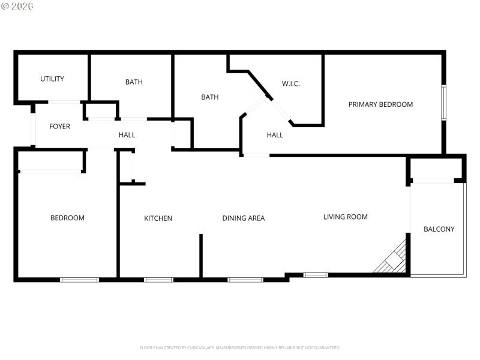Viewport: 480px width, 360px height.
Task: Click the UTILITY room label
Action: (x=52, y=79)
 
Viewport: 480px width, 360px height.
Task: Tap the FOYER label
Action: (x=59, y=127)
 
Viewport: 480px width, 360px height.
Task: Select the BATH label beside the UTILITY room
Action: (x=134, y=82)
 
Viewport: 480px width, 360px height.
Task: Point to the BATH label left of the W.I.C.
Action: (x=209, y=97)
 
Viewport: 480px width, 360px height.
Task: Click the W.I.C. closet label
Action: (x=291, y=83)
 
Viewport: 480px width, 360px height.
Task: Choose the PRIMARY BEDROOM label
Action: (x=380, y=104)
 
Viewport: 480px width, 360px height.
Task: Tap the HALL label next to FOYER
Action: (x=127, y=135)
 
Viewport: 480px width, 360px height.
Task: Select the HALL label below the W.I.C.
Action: (x=275, y=135)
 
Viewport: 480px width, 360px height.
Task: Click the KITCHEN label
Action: (x=158, y=218)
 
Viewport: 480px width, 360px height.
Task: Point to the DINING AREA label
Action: (x=244, y=218)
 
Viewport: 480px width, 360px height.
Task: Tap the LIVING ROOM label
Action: (x=346, y=217)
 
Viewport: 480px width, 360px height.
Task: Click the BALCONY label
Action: (x=439, y=229)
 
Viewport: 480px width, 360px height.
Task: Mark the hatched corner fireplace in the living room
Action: (x=394, y=260)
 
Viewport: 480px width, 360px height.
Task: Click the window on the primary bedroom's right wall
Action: (x=444, y=103)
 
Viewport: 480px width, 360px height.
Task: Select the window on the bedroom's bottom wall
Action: (x=80, y=279)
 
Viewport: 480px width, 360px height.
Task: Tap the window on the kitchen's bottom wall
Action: (x=158, y=279)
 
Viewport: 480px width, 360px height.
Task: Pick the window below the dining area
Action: (x=245, y=279)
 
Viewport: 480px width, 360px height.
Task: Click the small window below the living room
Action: (x=316, y=275)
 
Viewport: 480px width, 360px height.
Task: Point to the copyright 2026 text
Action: (x=17, y=6)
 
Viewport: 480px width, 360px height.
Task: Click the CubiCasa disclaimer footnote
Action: (x=240, y=347)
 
